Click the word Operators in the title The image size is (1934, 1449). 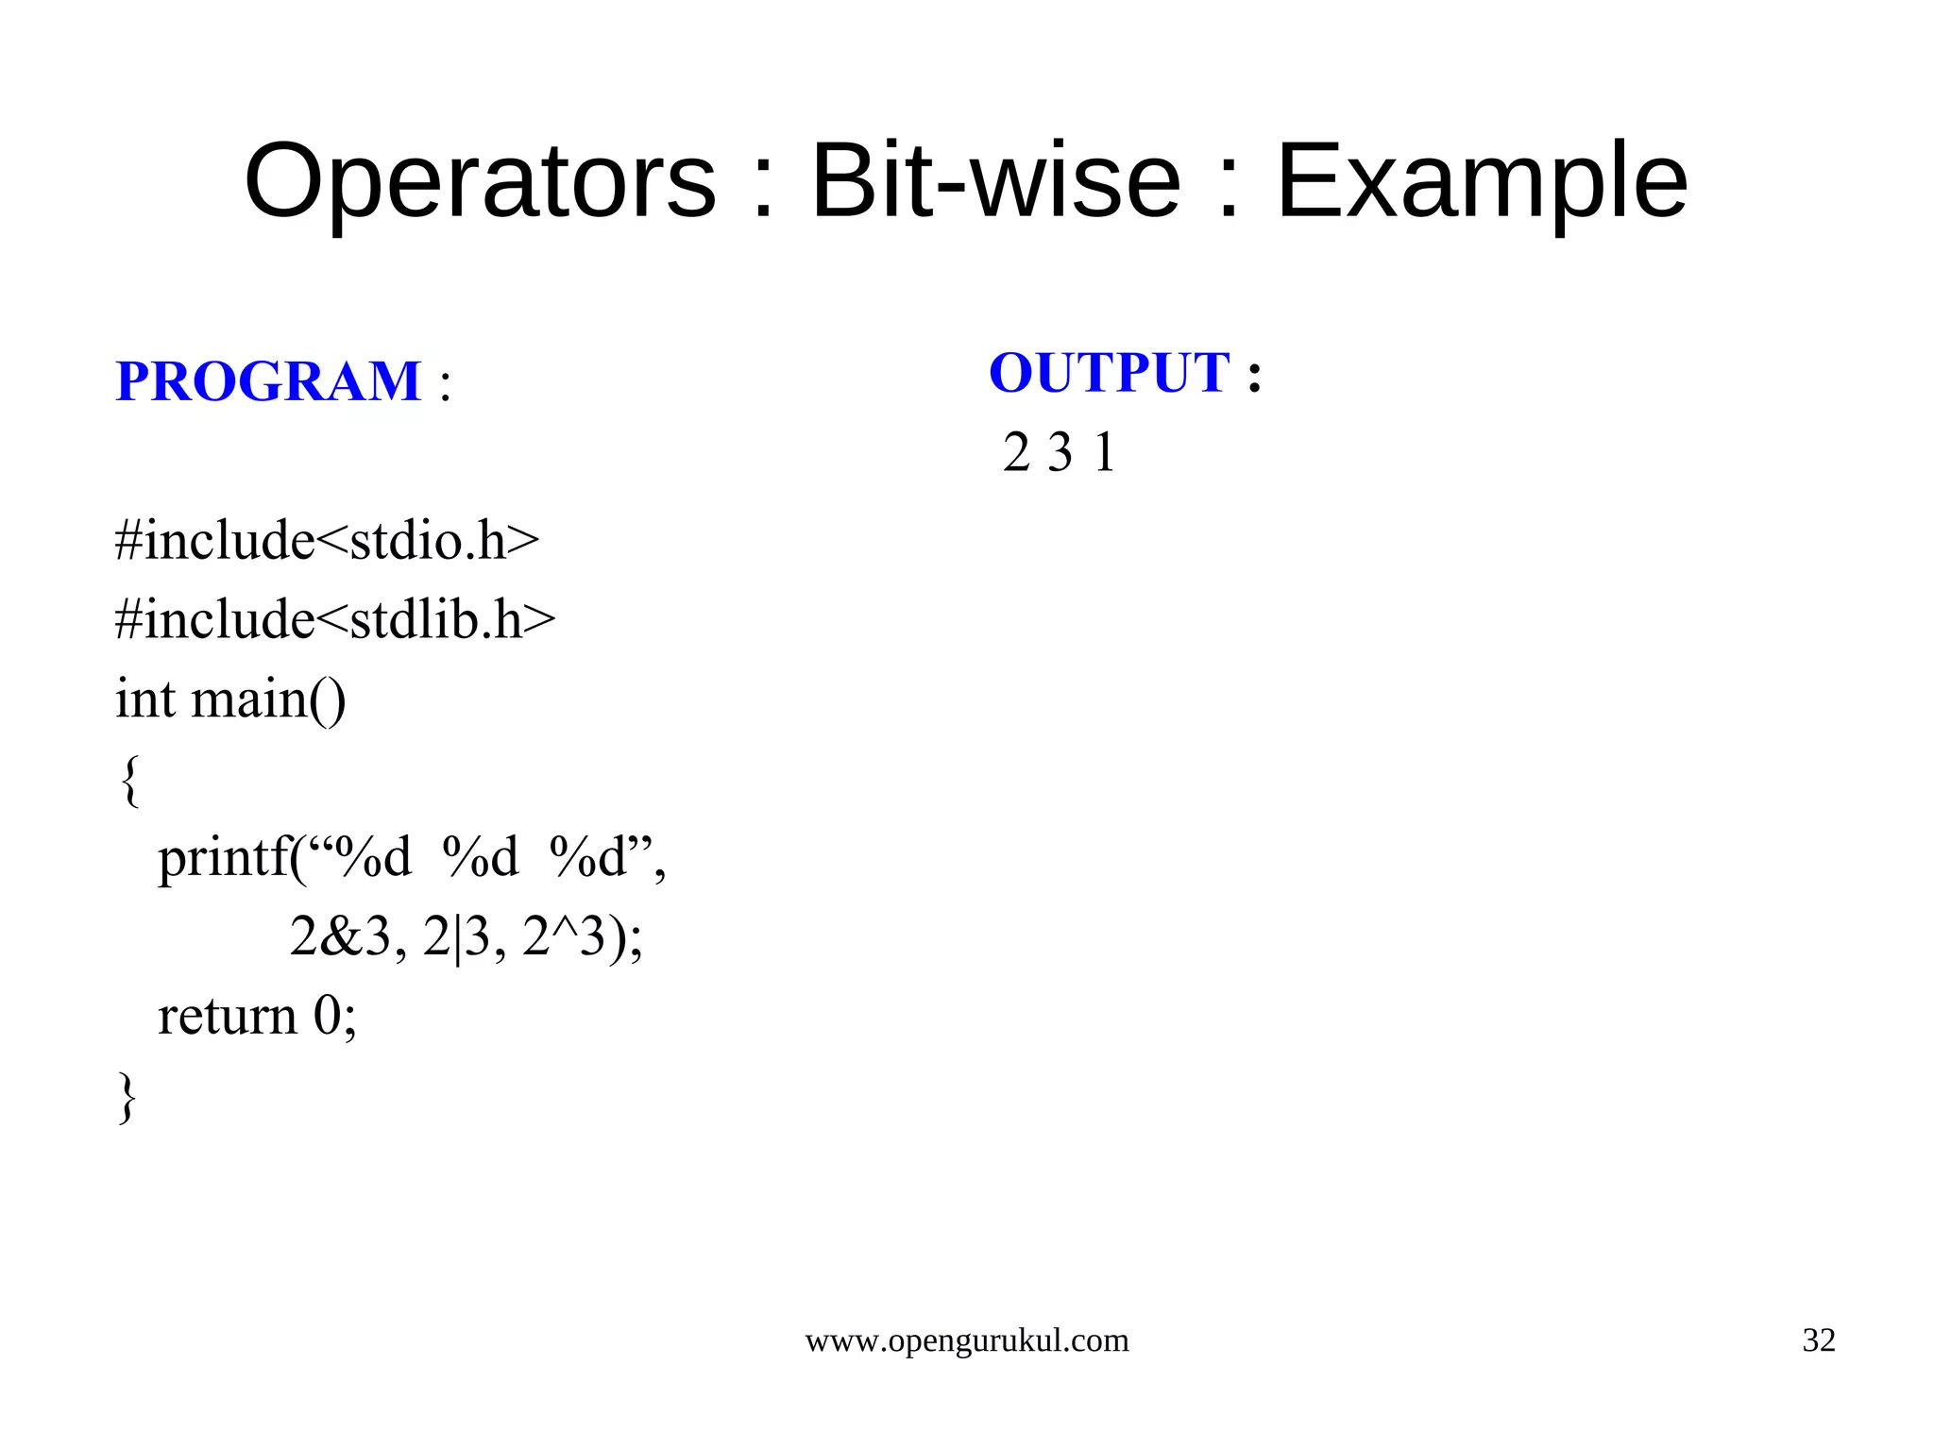[x=480, y=181]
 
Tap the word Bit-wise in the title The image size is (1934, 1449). [x=995, y=181]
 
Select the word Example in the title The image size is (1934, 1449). [x=1482, y=181]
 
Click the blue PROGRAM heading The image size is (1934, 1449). [x=268, y=382]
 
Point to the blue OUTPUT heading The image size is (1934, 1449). [x=1110, y=373]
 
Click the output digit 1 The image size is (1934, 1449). [x=1105, y=452]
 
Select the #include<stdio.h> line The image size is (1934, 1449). [x=327, y=541]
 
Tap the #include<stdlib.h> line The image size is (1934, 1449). [x=335, y=620]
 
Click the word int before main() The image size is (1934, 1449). [x=145, y=699]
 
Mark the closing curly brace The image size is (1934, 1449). [x=127, y=1097]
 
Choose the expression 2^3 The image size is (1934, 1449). [x=563, y=937]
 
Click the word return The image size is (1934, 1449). [x=228, y=1017]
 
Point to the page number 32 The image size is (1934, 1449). [x=1818, y=1340]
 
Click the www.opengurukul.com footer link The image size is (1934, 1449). [x=966, y=1340]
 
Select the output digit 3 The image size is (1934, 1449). [x=1060, y=452]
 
